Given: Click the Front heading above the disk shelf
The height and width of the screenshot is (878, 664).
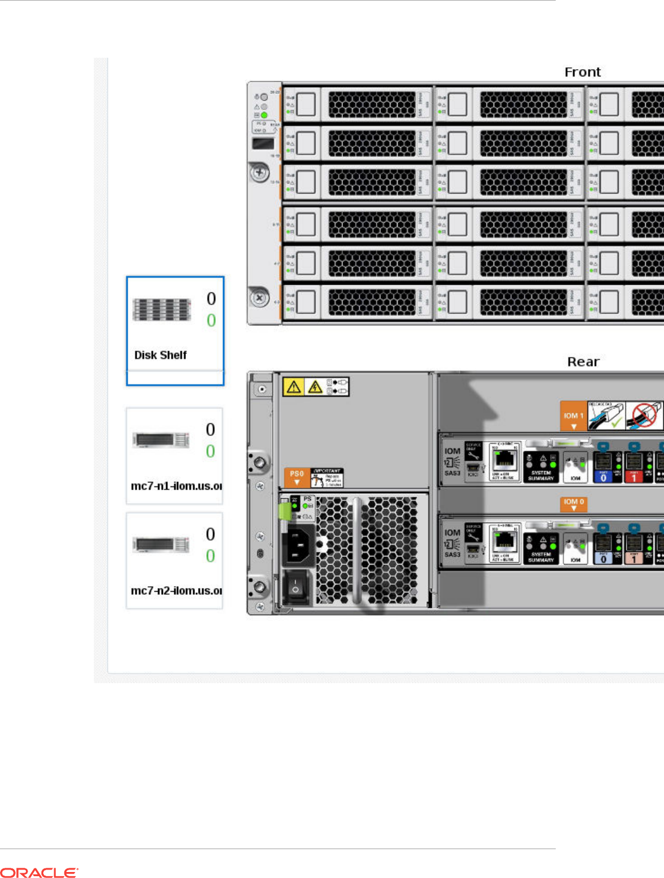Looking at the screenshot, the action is click(x=582, y=72).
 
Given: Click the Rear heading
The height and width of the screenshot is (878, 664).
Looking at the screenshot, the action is click(x=583, y=362).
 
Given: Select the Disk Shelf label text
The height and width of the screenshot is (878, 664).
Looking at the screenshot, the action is click(x=161, y=355).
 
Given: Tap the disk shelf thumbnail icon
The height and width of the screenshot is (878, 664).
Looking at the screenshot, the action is click(x=162, y=310).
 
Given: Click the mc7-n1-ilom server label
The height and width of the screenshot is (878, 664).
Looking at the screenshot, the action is click(x=176, y=486).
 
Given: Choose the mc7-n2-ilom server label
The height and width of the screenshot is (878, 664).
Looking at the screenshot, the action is click(x=176, y=591).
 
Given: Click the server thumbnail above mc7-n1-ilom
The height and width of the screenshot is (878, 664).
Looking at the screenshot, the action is click(x=161, y=440).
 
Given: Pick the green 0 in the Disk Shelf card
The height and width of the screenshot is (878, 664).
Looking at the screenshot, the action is click(x=211, y=321).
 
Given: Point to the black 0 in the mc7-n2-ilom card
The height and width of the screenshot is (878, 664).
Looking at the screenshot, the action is click(x=211, y=534).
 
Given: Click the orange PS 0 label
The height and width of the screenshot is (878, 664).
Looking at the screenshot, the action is click(x=297, y=477).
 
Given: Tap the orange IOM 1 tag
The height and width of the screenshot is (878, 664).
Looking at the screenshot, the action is click(x=573, y=416).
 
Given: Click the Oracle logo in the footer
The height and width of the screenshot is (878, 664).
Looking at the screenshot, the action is click(x=39, y=873).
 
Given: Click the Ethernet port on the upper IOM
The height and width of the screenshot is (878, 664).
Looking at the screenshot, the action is click(x=503, y=460).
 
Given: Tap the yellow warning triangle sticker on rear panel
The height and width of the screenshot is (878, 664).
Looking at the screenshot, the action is click(x=294, y=387).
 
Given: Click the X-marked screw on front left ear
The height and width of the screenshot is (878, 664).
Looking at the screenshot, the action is click(x=259, y=297).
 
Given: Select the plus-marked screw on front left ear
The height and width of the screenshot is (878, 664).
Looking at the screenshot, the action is click(x=260, y=173).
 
